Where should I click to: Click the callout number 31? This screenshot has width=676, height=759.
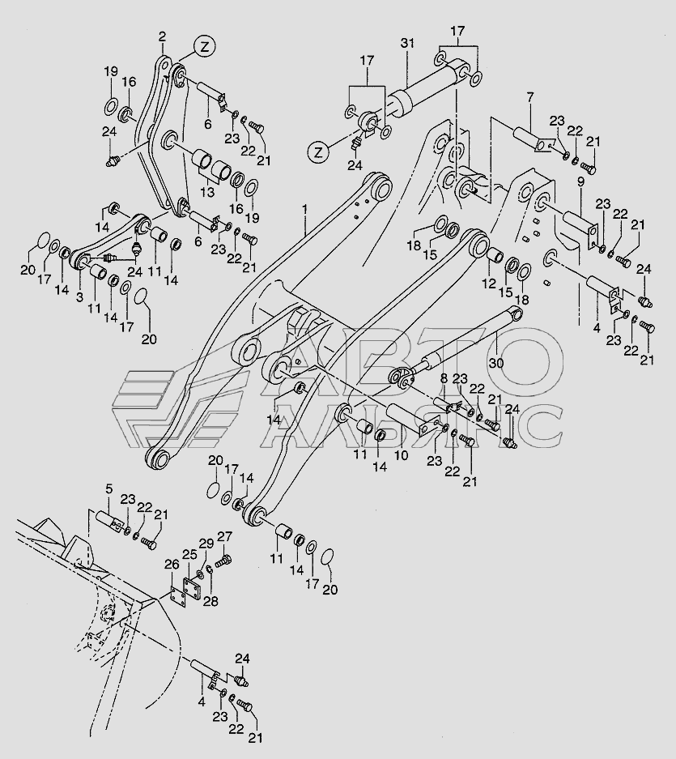point(407,43)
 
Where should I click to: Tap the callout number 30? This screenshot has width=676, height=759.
point(496,363)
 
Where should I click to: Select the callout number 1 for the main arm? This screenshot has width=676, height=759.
point(305,209)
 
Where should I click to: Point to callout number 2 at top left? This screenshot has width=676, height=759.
point(162,36)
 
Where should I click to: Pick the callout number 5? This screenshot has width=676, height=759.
point(108,489)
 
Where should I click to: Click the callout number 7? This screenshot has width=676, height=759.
point(529,98)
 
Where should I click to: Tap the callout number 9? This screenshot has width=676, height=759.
point(580,182)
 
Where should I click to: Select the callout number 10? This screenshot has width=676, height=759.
point(402,455)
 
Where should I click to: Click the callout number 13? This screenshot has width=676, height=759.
point(207,192)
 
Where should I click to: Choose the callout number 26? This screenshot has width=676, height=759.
point(172,565)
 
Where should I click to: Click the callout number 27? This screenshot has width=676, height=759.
point(224,536)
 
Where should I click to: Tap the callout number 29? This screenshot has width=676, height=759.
point(206,544)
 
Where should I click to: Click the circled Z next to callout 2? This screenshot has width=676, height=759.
point(205,47)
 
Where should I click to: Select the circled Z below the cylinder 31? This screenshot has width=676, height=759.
point(318,152)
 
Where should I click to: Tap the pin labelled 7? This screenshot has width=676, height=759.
point(532,139)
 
